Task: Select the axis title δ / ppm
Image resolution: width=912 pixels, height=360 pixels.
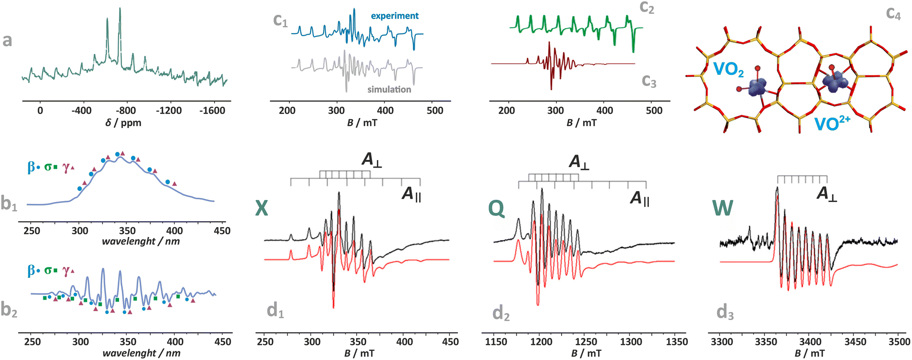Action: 123,123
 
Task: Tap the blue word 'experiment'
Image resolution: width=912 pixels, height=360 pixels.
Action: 395,16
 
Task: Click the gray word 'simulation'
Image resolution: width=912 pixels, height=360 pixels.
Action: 389,89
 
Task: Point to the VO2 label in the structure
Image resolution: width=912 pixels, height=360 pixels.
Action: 728,70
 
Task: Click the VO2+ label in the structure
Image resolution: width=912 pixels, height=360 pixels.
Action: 832,124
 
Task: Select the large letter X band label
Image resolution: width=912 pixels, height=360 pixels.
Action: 262,208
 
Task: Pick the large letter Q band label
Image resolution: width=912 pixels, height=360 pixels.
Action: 496,208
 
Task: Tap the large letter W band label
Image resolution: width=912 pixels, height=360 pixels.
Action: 723,208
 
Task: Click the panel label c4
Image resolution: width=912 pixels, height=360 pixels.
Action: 893,13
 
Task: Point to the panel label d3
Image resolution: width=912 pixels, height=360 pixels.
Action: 725,312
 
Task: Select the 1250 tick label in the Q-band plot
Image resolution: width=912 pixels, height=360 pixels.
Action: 586,342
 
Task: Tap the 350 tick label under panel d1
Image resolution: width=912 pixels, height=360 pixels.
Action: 358,342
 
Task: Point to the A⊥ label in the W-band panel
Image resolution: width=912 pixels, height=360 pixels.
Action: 827,194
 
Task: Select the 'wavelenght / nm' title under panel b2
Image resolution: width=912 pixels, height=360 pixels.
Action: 142,353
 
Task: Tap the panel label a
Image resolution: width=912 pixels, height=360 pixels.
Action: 7,40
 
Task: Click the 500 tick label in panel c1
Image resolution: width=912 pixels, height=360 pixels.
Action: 435,110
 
